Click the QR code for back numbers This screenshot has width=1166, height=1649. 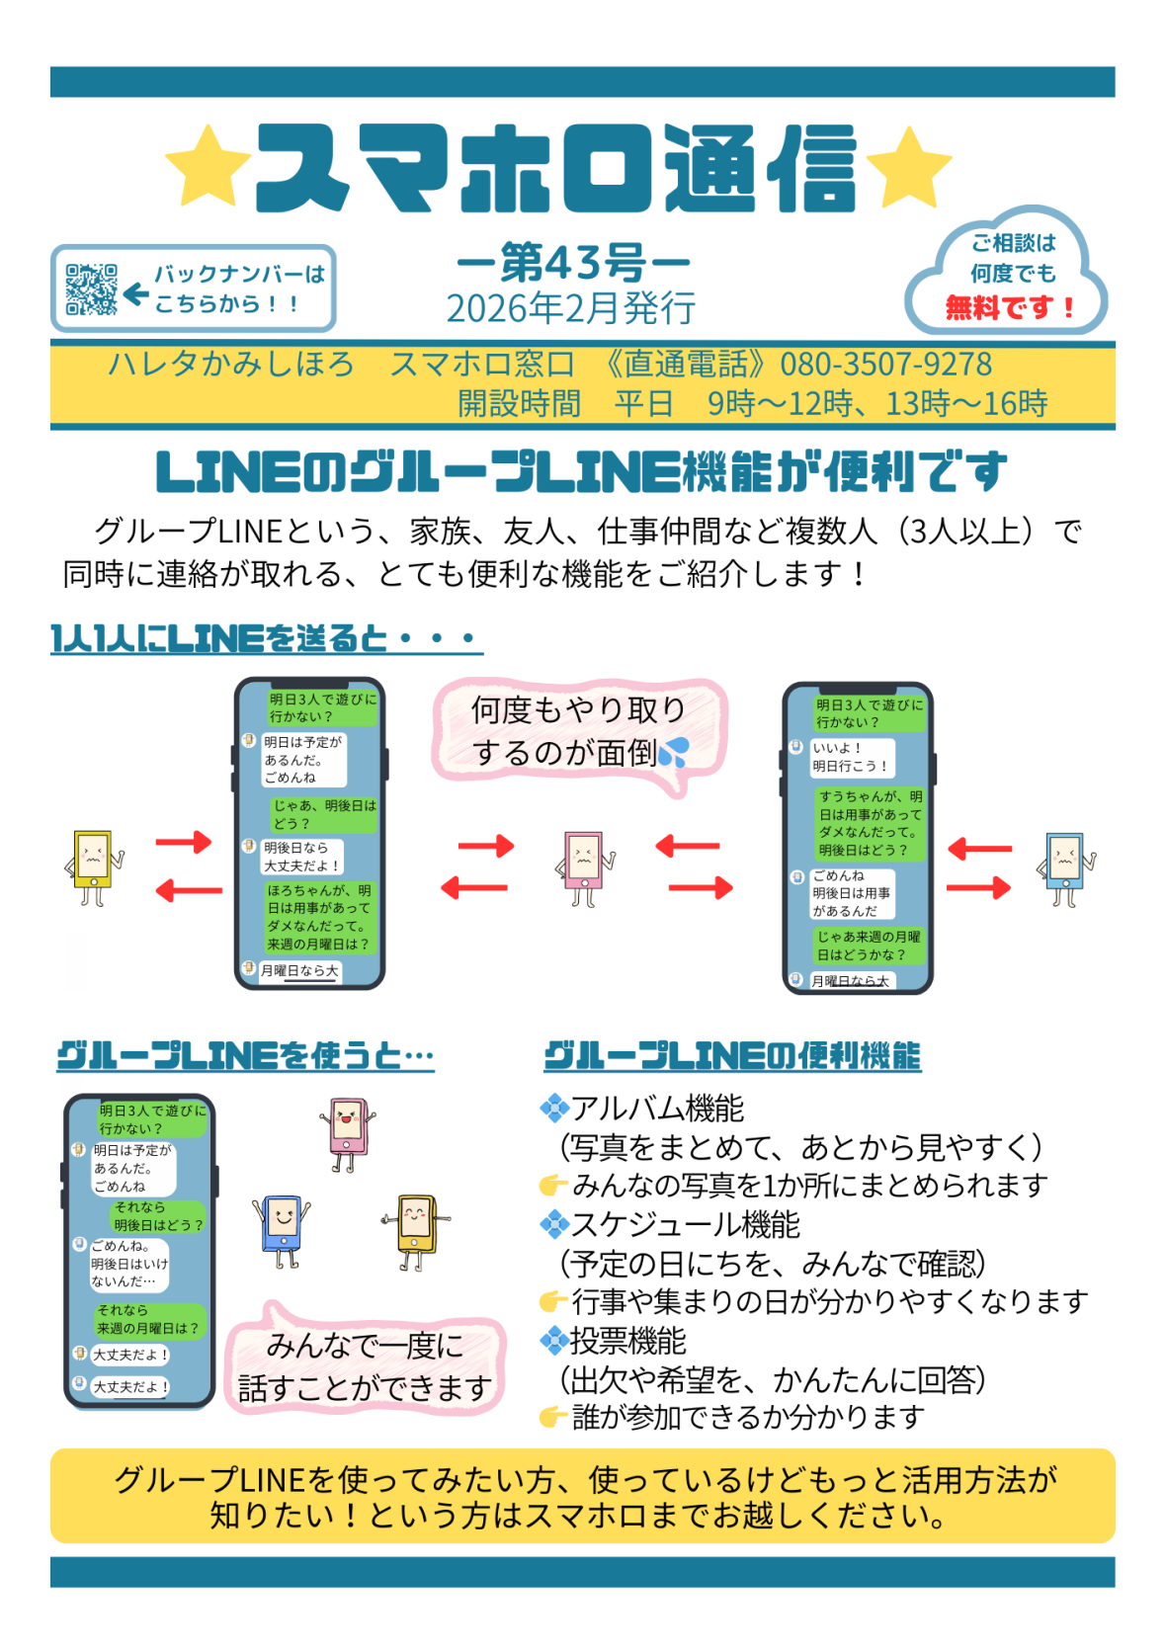pos(91,289)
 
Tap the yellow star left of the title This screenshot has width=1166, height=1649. pos(207,165)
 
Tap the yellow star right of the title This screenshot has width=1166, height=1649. pos(909,166)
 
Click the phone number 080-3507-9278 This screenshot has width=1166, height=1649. pos(885,365)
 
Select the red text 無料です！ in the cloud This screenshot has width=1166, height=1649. pos(1009,307)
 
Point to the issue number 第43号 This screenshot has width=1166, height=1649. pos(572,263)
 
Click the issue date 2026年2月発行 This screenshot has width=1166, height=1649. pos(571,308)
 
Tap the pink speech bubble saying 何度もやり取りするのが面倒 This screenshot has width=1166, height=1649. pos(579,732)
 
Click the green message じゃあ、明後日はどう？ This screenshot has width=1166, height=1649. pos(324,814)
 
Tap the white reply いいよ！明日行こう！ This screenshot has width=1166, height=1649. pos(850,757)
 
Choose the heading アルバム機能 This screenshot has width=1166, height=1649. pos(657,1109)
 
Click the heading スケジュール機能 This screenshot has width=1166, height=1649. pos(685,1225)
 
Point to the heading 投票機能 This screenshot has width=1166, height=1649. pos(627,1341)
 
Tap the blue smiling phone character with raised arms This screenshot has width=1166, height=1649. pos(283,1228)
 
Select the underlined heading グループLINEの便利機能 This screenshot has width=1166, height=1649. pos(732,1056)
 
